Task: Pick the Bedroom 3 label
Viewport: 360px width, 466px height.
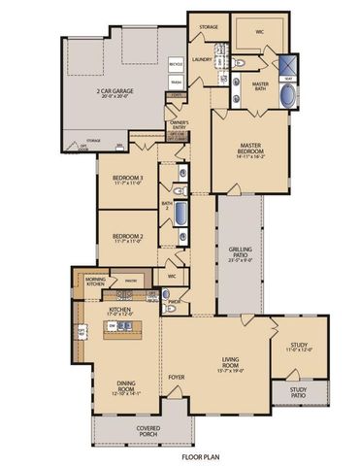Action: click(x=128, y=177)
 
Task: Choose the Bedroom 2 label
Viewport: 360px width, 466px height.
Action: click(x=128, y=236)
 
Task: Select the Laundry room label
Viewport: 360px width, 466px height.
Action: click(x=202, y=58)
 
